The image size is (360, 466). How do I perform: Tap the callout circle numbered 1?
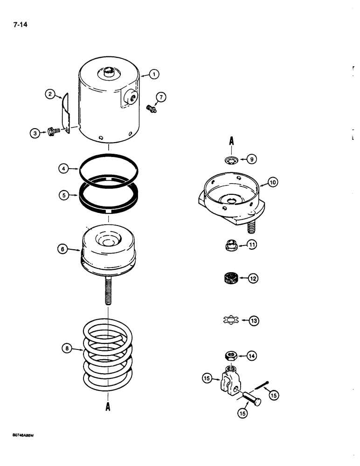(154, 74)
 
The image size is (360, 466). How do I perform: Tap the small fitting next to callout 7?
(149, 110)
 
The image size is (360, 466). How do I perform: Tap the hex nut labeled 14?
(230, 356)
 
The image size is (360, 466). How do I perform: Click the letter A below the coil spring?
(108, 406)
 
